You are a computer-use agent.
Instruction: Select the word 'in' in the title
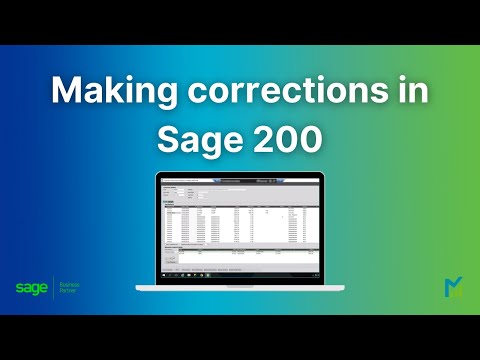point(411,93)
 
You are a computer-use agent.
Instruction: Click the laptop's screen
point(240,226)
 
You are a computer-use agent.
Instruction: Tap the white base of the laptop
point(240,285)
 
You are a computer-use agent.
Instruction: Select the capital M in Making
point(67,93)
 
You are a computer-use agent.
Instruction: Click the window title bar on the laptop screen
point(240,180)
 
